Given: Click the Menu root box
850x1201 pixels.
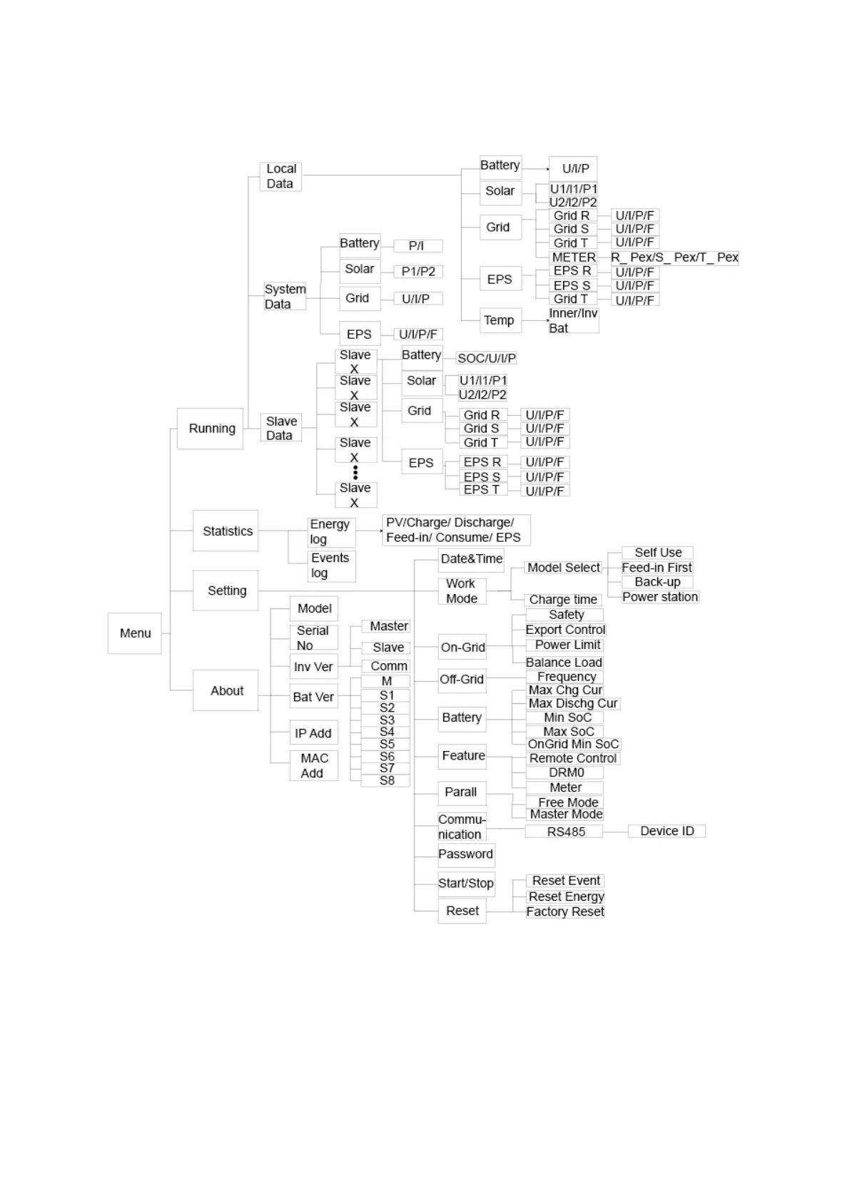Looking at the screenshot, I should pos(134,633).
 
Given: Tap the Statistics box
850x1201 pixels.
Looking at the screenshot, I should pos(226,531).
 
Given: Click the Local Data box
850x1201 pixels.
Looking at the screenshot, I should pos(280,176).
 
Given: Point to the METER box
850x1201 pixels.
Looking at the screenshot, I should pos(573,257).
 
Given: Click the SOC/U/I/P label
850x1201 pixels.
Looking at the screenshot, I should pos(486,358).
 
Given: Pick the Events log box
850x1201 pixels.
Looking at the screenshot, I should pos(330,566).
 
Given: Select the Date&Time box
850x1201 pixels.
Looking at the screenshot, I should pos(471,558).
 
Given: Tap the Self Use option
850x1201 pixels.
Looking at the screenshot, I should pos(657,553).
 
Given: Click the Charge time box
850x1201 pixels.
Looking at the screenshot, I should pos(563,600).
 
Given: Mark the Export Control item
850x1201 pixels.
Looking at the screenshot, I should pos(565,630).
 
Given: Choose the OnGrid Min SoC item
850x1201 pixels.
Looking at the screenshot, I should pos(573,744).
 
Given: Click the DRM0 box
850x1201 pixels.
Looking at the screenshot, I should pos(566,772).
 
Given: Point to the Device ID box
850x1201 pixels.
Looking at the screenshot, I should pos(667,831).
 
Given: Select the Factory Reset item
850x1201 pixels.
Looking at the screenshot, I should pos(565,911).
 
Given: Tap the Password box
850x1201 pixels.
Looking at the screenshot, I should pos(465,854).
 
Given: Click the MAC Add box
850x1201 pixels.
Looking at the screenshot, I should pos(313,765).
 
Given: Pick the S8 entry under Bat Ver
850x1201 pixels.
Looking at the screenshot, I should pos(387,780).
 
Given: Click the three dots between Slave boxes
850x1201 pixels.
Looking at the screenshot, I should pos(355,472).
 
